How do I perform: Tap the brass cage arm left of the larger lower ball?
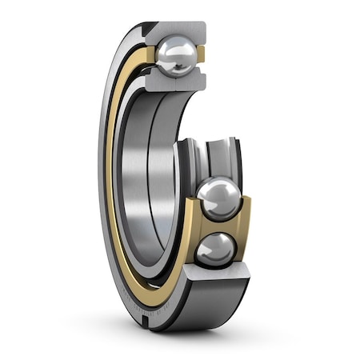[192, 208]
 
